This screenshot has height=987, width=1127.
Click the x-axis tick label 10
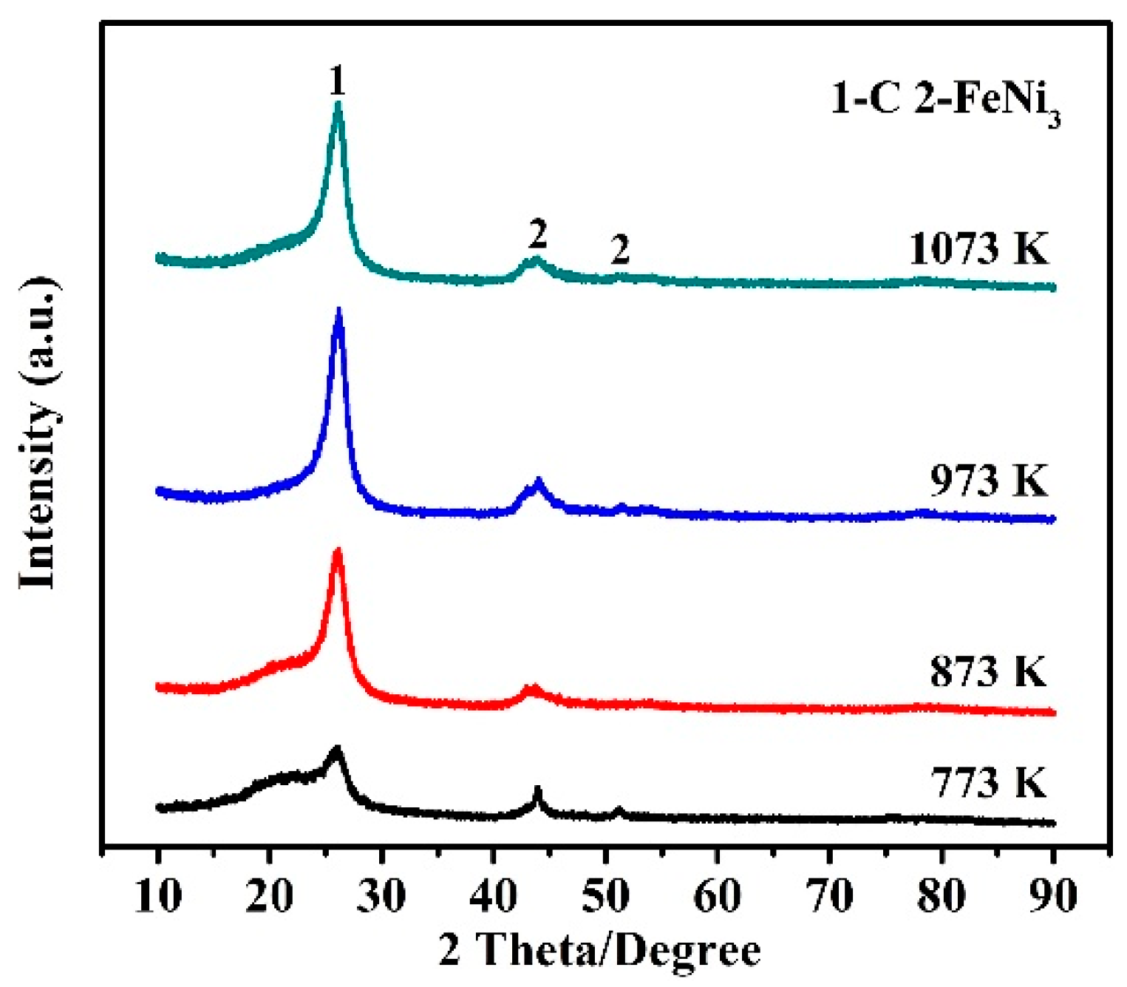158,895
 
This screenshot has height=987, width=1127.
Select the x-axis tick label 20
270,895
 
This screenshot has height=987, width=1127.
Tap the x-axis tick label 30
381,895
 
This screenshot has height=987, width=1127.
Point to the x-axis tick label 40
494,895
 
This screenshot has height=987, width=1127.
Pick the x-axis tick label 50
605,895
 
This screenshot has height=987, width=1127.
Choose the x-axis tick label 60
717,895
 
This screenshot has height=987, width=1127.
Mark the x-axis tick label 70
829,895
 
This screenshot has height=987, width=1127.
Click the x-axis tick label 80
941,895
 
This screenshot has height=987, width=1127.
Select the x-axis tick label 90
1053,895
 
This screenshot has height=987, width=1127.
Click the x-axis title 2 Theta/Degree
599,949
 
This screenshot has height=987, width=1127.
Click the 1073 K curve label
978,248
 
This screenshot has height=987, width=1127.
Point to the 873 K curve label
989,671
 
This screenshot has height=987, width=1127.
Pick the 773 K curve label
989,782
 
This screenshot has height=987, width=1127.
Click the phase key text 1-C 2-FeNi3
945,100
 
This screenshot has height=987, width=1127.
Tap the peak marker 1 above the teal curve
337,81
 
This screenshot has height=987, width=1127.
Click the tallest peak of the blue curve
339,312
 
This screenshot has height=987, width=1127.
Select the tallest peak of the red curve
338,552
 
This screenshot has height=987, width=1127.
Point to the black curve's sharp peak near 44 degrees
538,790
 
